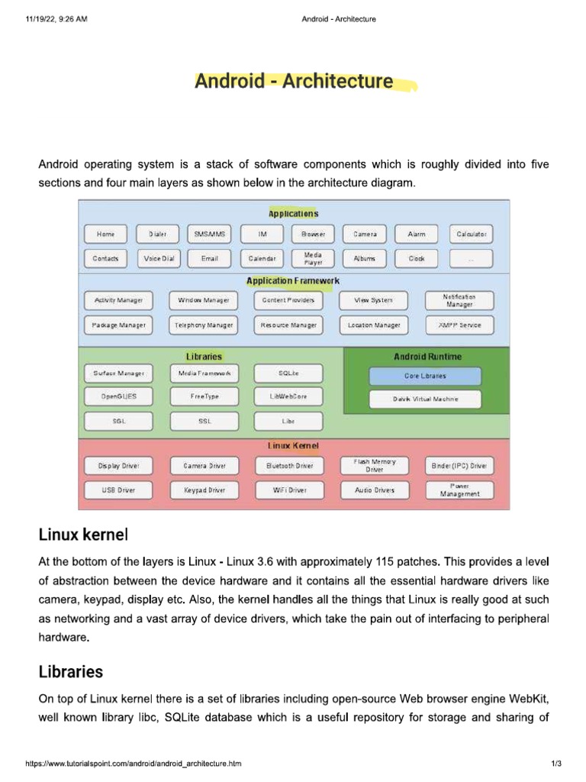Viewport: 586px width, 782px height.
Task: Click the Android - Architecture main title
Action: [x=295, y=81]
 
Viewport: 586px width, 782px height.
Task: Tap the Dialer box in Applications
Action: [x=157, y=234]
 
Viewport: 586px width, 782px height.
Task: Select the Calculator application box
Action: [x=471, y=234]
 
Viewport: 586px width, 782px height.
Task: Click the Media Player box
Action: [x=313, y=259]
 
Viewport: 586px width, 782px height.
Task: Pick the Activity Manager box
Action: [x=118, y=301]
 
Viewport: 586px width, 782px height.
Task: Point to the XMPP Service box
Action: [x=459, y=325]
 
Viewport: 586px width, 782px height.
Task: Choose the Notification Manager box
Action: [x=459, y=301]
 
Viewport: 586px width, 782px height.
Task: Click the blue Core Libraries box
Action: [x=425, y=376]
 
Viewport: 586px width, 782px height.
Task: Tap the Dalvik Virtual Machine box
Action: [x=425, y=399]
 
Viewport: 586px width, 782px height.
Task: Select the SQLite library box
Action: [x=289, y=373]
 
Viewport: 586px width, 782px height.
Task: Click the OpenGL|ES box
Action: [x=118, y=397]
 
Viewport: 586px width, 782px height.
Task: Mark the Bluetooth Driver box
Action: [x=289, y=465]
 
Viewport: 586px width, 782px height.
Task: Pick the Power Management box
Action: [x=459, y=490]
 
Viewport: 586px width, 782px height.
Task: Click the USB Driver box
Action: [x=118, y=490]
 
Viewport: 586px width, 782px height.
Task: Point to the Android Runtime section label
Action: [x=427, y=357]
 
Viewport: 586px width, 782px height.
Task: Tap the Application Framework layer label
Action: [x=293, y=282]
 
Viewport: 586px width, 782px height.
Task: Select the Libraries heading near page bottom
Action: [x=70, y=673]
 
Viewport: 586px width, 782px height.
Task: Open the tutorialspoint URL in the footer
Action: [x=134, y=764]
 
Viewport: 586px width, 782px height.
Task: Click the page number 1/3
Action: [x=555, y=764]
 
